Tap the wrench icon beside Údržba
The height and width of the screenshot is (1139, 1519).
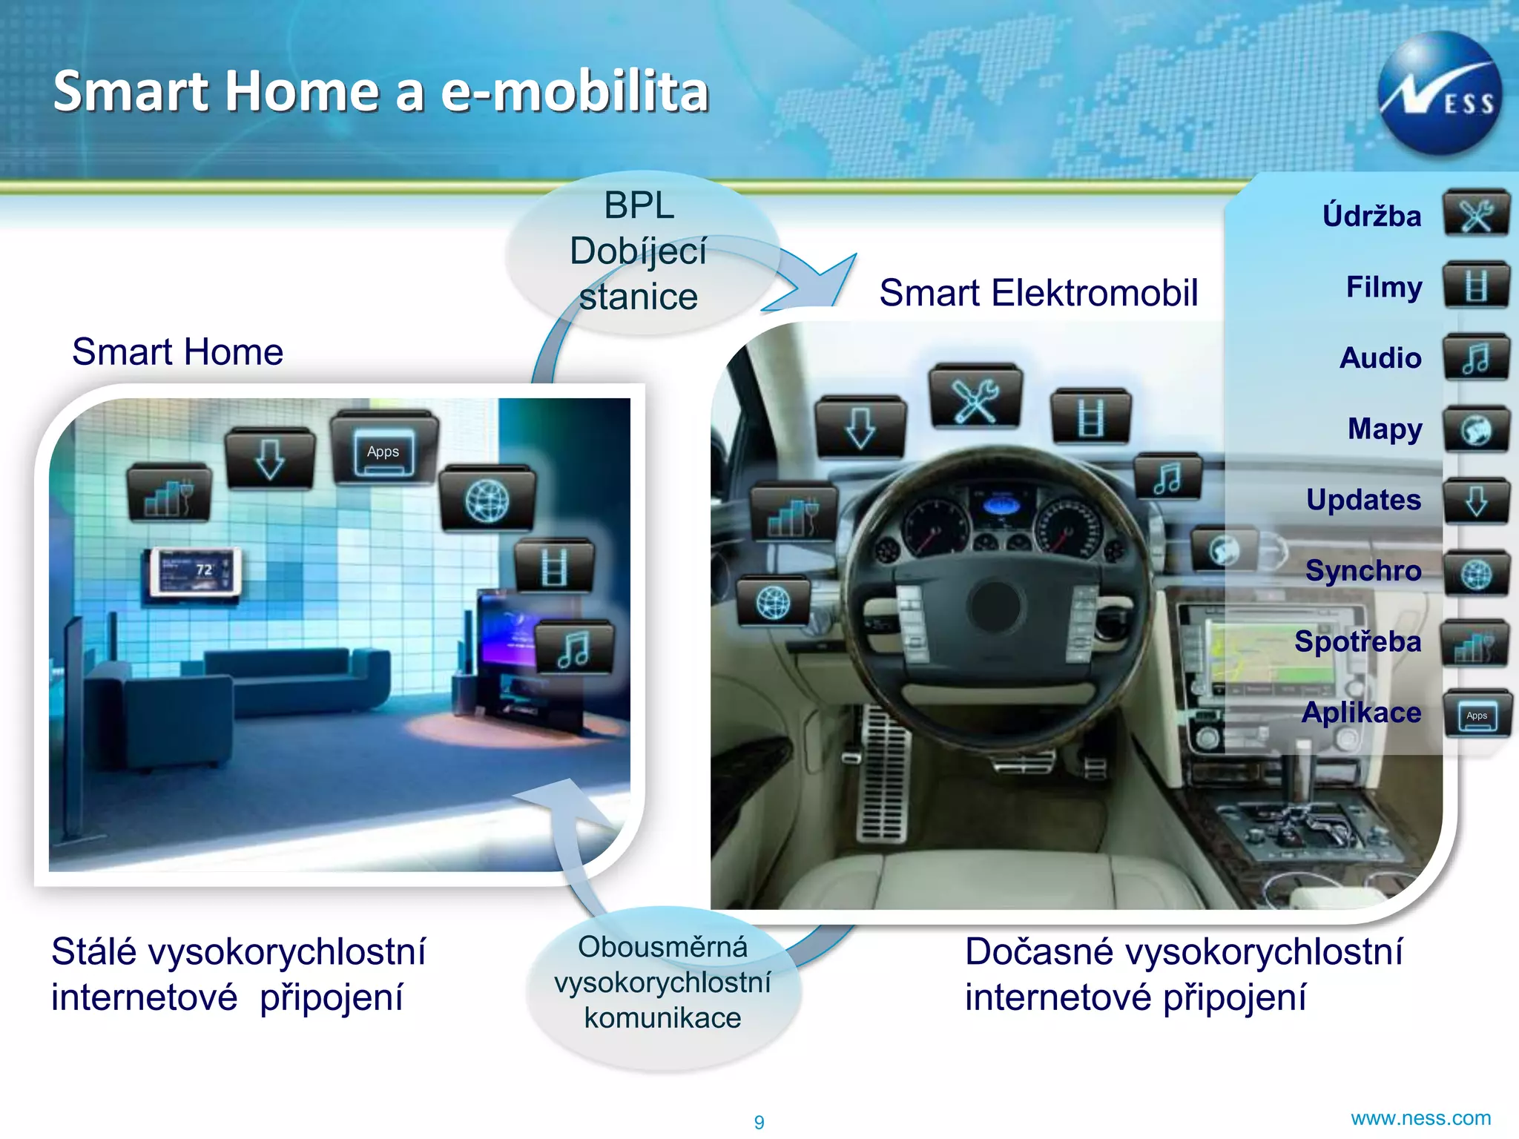(x=1476, y=215)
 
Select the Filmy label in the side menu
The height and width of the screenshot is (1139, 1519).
(x=1384, y=287)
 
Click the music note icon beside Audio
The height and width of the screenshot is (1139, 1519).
(x=1476, y=358)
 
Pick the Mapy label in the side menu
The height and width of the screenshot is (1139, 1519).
(x=1385, y=429)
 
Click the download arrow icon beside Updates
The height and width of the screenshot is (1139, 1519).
(x=1476, y=501)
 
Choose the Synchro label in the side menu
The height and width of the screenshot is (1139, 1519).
(x=1363, y=570)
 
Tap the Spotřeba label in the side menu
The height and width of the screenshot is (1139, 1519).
(x=1357, y=641)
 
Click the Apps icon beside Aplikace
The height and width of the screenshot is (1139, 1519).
(x=1477, y=716)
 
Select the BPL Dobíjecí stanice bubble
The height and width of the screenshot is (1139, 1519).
(x=639, y=251)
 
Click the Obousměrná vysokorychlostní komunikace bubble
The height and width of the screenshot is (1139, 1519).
(x=662, y=983)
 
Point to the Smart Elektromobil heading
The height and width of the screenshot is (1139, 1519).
(x=1038, y=292)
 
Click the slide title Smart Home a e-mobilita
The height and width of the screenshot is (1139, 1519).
(x=381, y=91)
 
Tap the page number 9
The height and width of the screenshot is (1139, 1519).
(x=759, y=1122)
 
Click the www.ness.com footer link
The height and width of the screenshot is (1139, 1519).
(x=1420, y=1118)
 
